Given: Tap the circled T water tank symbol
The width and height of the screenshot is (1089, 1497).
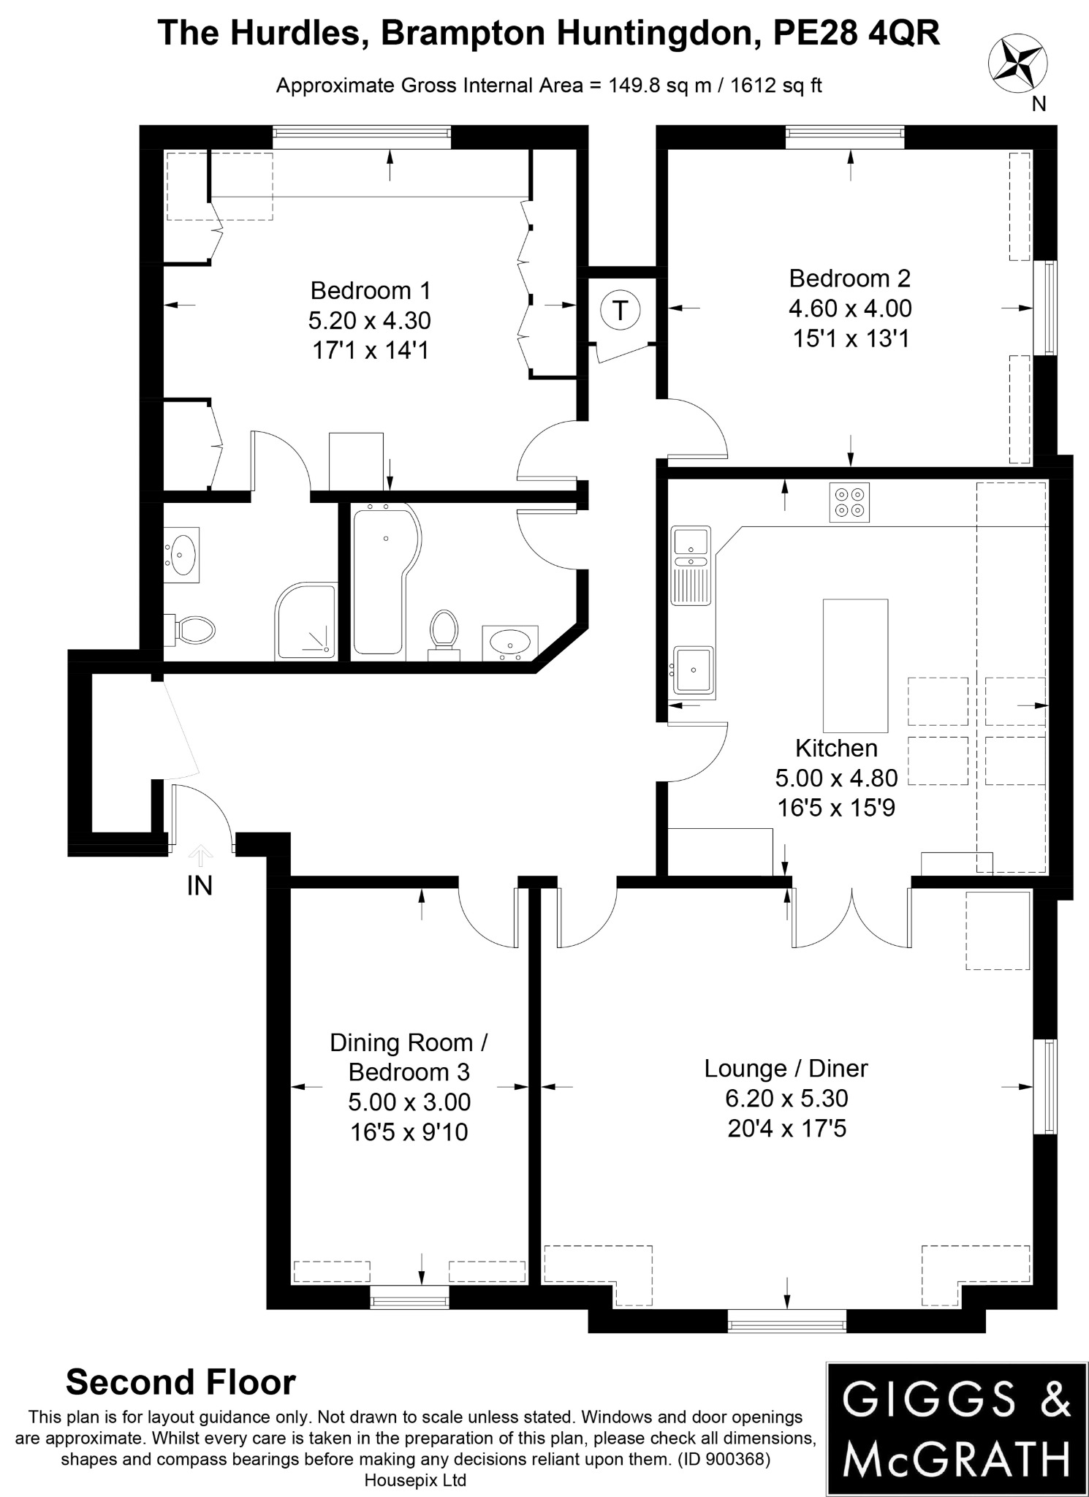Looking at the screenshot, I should point(620,310).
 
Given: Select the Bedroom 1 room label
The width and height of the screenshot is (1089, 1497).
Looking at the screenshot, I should point(371,290).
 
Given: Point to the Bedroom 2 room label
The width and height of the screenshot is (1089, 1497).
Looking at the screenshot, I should point(849,278).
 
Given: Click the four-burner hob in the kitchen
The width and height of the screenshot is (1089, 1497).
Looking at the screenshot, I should point(849,502).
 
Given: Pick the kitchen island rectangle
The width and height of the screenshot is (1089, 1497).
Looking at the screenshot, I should point(855,665).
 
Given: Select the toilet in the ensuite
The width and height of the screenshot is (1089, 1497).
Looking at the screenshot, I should point(191,629).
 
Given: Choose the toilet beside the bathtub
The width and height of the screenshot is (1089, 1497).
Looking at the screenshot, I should point(444,629).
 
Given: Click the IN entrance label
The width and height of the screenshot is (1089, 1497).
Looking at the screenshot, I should point(200,886).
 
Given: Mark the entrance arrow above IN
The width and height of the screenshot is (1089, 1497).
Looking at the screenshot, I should point(200,854).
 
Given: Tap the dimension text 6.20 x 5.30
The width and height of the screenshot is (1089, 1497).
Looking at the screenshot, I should point(786,1098).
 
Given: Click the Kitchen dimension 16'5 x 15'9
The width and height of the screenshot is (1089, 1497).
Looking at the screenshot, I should point(836,808).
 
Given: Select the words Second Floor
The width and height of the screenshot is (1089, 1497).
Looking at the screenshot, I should point(181,1382).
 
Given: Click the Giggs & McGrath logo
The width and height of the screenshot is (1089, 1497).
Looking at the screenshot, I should point(956,1428).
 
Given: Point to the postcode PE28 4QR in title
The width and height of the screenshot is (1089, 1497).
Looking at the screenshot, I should point(857,33).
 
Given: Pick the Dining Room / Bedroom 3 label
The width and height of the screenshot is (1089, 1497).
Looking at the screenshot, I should point(409,1057).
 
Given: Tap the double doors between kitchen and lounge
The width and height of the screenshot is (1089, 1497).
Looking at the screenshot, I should point(852,918).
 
